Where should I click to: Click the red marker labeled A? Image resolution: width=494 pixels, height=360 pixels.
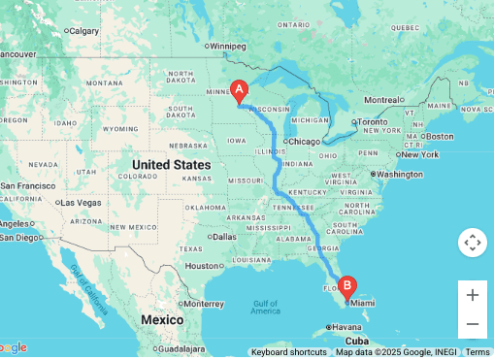coord(239,90)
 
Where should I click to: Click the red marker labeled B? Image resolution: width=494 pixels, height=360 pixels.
coord(347,288)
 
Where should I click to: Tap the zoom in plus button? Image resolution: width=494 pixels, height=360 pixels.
coord(473,295)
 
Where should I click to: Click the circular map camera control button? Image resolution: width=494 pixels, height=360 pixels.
coord(473,243)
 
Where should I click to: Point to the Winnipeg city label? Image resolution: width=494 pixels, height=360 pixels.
coord(228,46)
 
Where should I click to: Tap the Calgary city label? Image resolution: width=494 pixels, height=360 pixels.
coord(85,30)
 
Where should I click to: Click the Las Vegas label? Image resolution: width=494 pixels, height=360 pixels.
coord(81,202)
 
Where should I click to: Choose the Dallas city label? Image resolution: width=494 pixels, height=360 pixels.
coord(223,236)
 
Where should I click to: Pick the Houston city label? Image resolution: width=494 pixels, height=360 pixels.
coord(203,265)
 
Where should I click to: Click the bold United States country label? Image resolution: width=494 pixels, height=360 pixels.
coord(171,165)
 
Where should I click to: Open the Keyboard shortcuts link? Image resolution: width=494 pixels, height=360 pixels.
coord(288,352)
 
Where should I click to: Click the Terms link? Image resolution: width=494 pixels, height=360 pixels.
coord(478,352)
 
